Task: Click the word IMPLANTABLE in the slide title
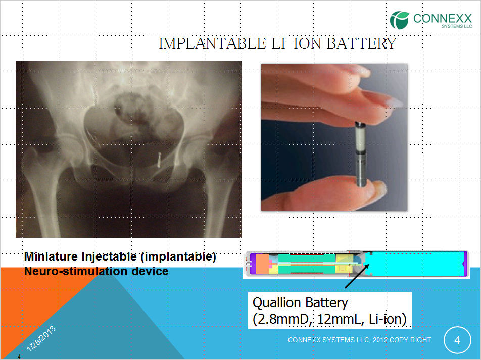212,43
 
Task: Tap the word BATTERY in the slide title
362,43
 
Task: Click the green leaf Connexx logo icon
399,20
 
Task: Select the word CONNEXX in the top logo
443,18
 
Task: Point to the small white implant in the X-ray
159,160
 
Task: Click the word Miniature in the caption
51,256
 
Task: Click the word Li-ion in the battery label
388,319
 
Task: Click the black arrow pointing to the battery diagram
357,276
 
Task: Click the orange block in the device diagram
262,264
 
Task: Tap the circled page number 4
457,340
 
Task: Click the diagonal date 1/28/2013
41,338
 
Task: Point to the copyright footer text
360,340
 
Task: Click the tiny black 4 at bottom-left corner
19,356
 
